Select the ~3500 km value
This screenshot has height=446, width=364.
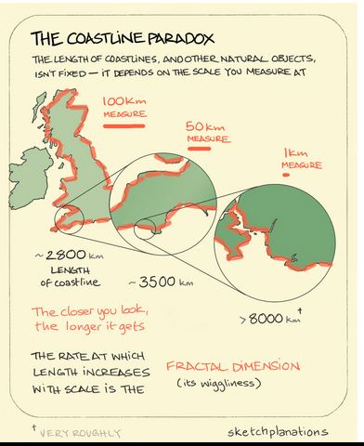[x=161, y=282]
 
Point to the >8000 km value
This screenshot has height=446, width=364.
[x=269, y=319]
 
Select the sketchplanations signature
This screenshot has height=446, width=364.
[x=276, y=431]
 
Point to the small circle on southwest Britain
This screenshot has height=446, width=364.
[x=73, y=220]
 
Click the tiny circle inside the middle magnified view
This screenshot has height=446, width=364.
[x=146, y=229]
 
